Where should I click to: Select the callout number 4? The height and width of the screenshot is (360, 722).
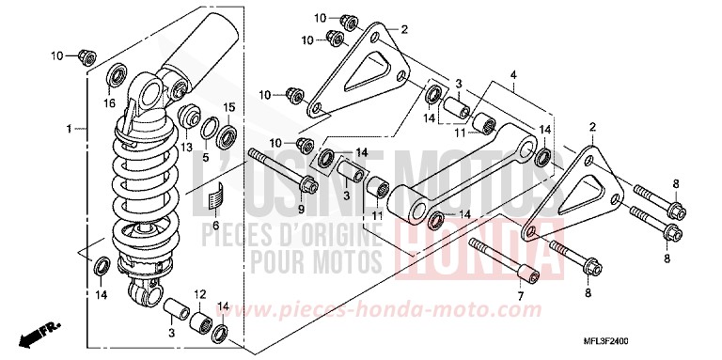[514, 73]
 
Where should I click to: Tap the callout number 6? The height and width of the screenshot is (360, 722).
[215, 227]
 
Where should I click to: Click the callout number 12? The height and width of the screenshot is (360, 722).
[200, 295]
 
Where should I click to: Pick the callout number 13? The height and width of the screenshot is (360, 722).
[185, 147]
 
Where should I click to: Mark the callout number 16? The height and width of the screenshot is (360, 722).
[109, 102]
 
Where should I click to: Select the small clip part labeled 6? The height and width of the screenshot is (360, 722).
[215, 199]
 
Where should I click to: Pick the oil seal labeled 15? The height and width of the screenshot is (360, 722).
[227, 140]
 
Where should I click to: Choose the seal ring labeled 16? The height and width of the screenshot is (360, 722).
[117, 74]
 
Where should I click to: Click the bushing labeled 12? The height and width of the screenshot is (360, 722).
[201, 321]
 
